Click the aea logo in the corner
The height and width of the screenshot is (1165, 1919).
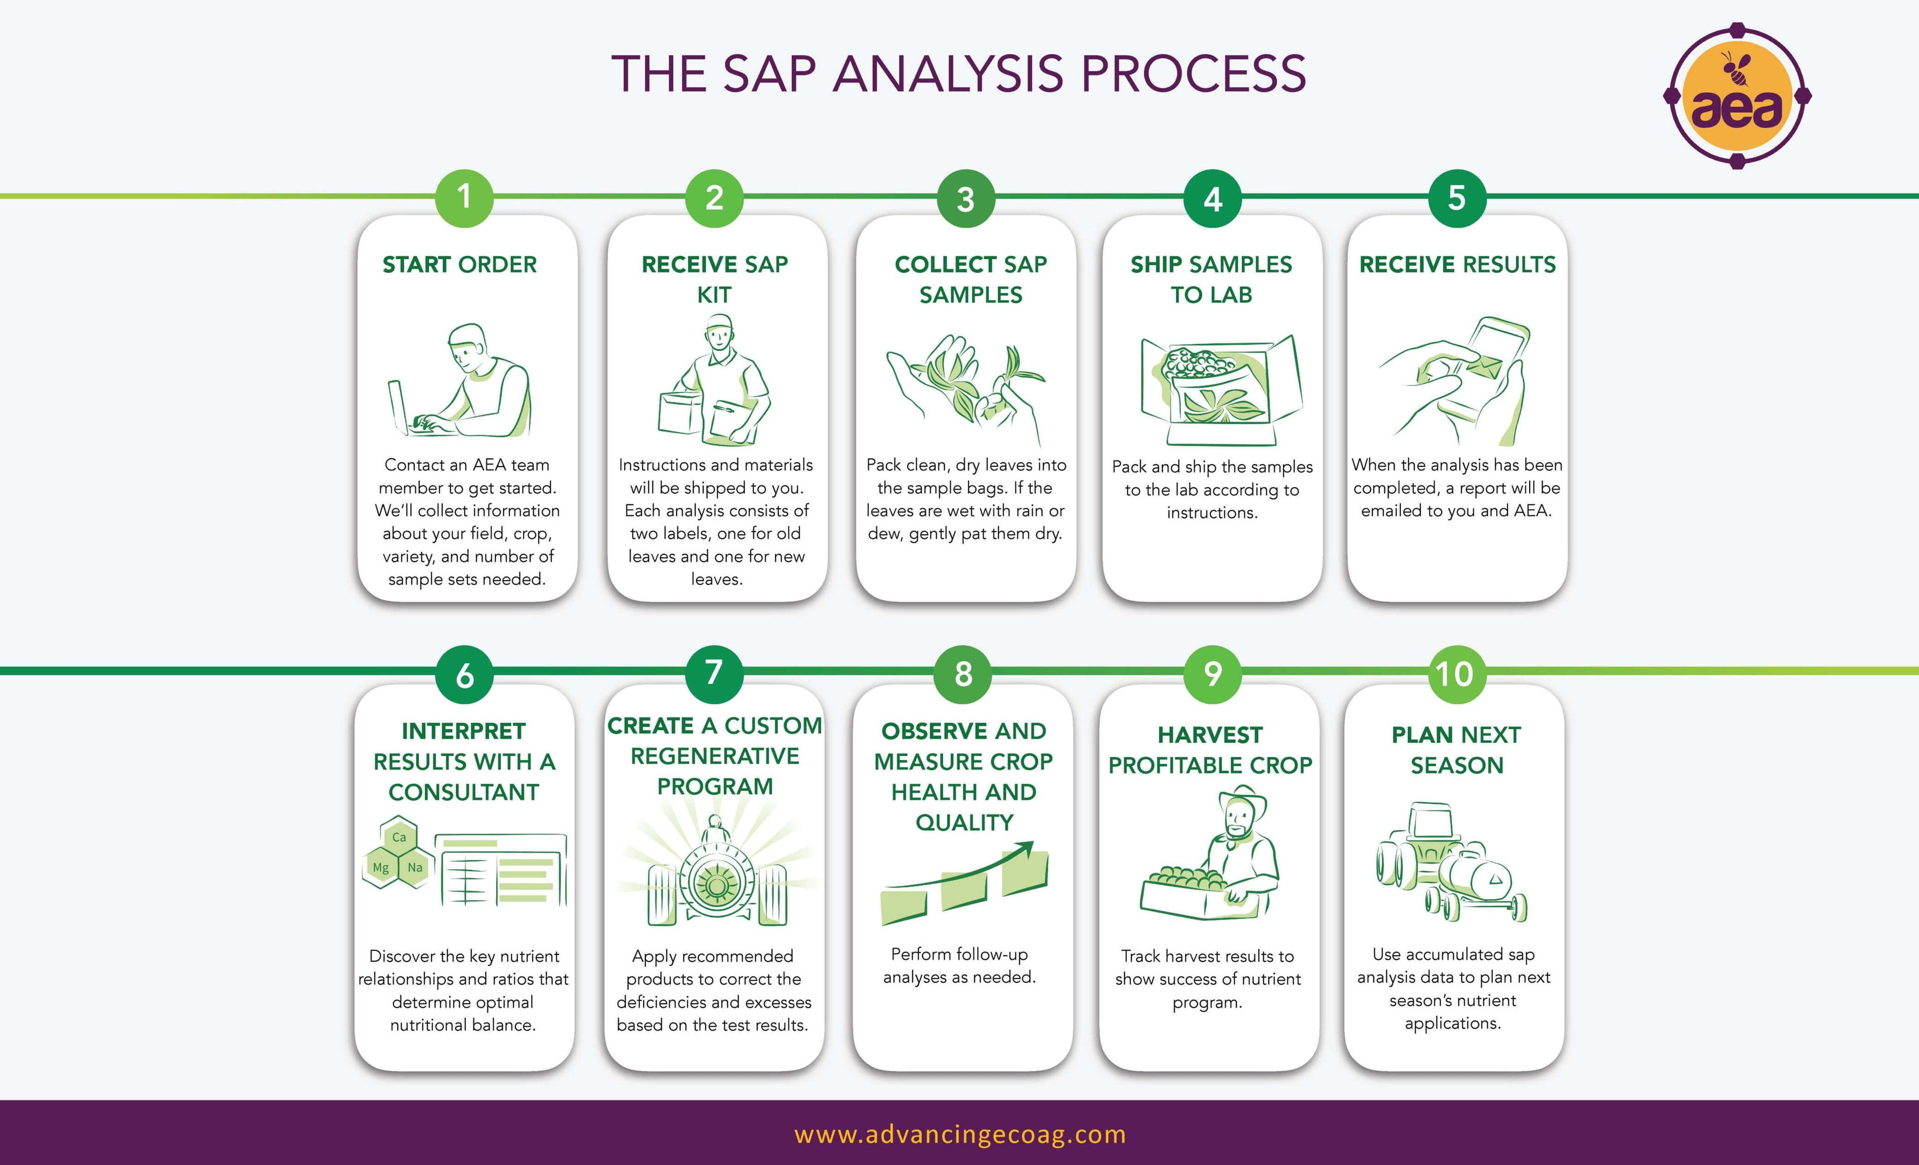[x=1737, y=96]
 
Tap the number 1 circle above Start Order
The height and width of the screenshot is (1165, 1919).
[x=464, y=198]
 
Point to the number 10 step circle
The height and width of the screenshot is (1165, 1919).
[x=1456, y=674]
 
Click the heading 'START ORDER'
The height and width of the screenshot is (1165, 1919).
[x=459, y=265]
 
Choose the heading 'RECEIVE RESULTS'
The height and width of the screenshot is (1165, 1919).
[x=1457, y=265]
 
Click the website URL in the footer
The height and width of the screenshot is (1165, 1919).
[x=959, y=1134]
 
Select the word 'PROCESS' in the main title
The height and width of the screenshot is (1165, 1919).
[x=1193, y=74]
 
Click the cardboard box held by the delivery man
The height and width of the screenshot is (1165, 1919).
[x=681, y=413]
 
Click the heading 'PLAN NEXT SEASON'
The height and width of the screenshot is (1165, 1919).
[x=1456, y=750]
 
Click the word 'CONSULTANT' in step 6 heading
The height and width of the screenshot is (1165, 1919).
[x=463, y=792]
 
